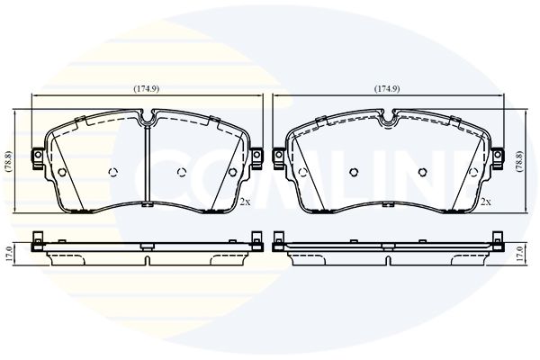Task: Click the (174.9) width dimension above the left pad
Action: coord(147,89)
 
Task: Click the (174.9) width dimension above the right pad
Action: coord(387,89)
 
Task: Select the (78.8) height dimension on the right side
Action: coord(532,161)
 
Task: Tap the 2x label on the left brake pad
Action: coord(245,202)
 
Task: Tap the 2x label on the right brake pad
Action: coord(486,202)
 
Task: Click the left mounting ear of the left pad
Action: coord(38,158)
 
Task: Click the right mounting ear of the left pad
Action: coord(256,158)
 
